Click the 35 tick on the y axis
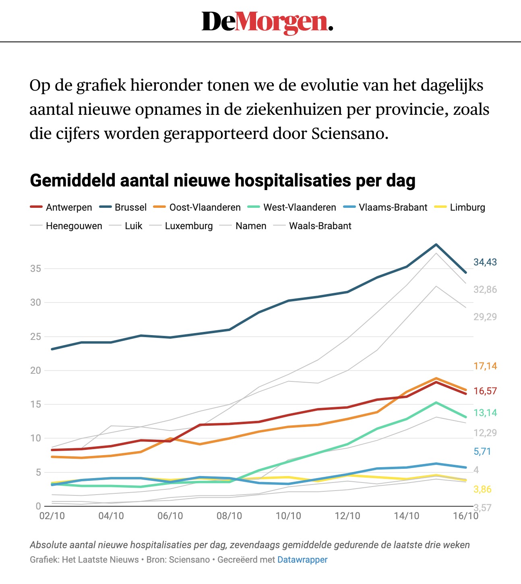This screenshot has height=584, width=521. coord(35,269)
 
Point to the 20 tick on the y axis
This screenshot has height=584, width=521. coord(35,371)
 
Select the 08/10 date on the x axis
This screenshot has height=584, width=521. coord(229,516)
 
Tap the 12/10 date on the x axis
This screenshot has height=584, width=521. coord(347,516)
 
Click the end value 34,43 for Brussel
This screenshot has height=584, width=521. coord(485,262)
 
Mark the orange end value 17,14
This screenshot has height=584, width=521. coord(485,366)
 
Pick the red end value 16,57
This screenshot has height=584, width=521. coord(485,391)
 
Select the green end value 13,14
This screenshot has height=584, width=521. coord(485,413)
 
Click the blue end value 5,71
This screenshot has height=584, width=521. coord(482,451)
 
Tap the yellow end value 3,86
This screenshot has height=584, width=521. coord(482,489)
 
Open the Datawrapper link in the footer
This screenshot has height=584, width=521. coord(302,560)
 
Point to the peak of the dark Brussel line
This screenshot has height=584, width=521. coord(436,244)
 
